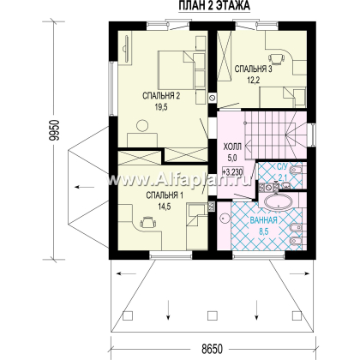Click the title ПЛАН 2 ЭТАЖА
pyautogui.click(x=214, y=6)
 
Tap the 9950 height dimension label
pyautogui.click(x=54, y=130)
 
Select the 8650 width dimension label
pyautogui.click(x=212, y=349)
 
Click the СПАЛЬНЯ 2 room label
pyautogui.click(x=161, y=96)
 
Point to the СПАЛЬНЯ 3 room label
pyautogui.click(x=253, y=69)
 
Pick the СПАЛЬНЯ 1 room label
pyautogui.click(x=165, y=195)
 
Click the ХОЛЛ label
pyautogui.click(x=232, y=147)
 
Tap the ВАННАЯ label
pyautogui.click(x=263, y=220)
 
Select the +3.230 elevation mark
pyautogui.click(x=232, y=172)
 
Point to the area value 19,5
pyautogui.click(x=161, y=107)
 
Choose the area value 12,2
pyautogui.click(x=253, y=81)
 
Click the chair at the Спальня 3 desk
pyautogui.click(x=277, y=59)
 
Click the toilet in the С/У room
pyautogui.click(x=296, y=171)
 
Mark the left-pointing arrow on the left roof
pyautogui.click(x=85, y=187)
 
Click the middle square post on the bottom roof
pyautogui.click(x=212, y=315)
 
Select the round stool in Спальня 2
pyautogui.click(x=142, y=126)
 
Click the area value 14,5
pyautogui.click(x=165, y=207)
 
